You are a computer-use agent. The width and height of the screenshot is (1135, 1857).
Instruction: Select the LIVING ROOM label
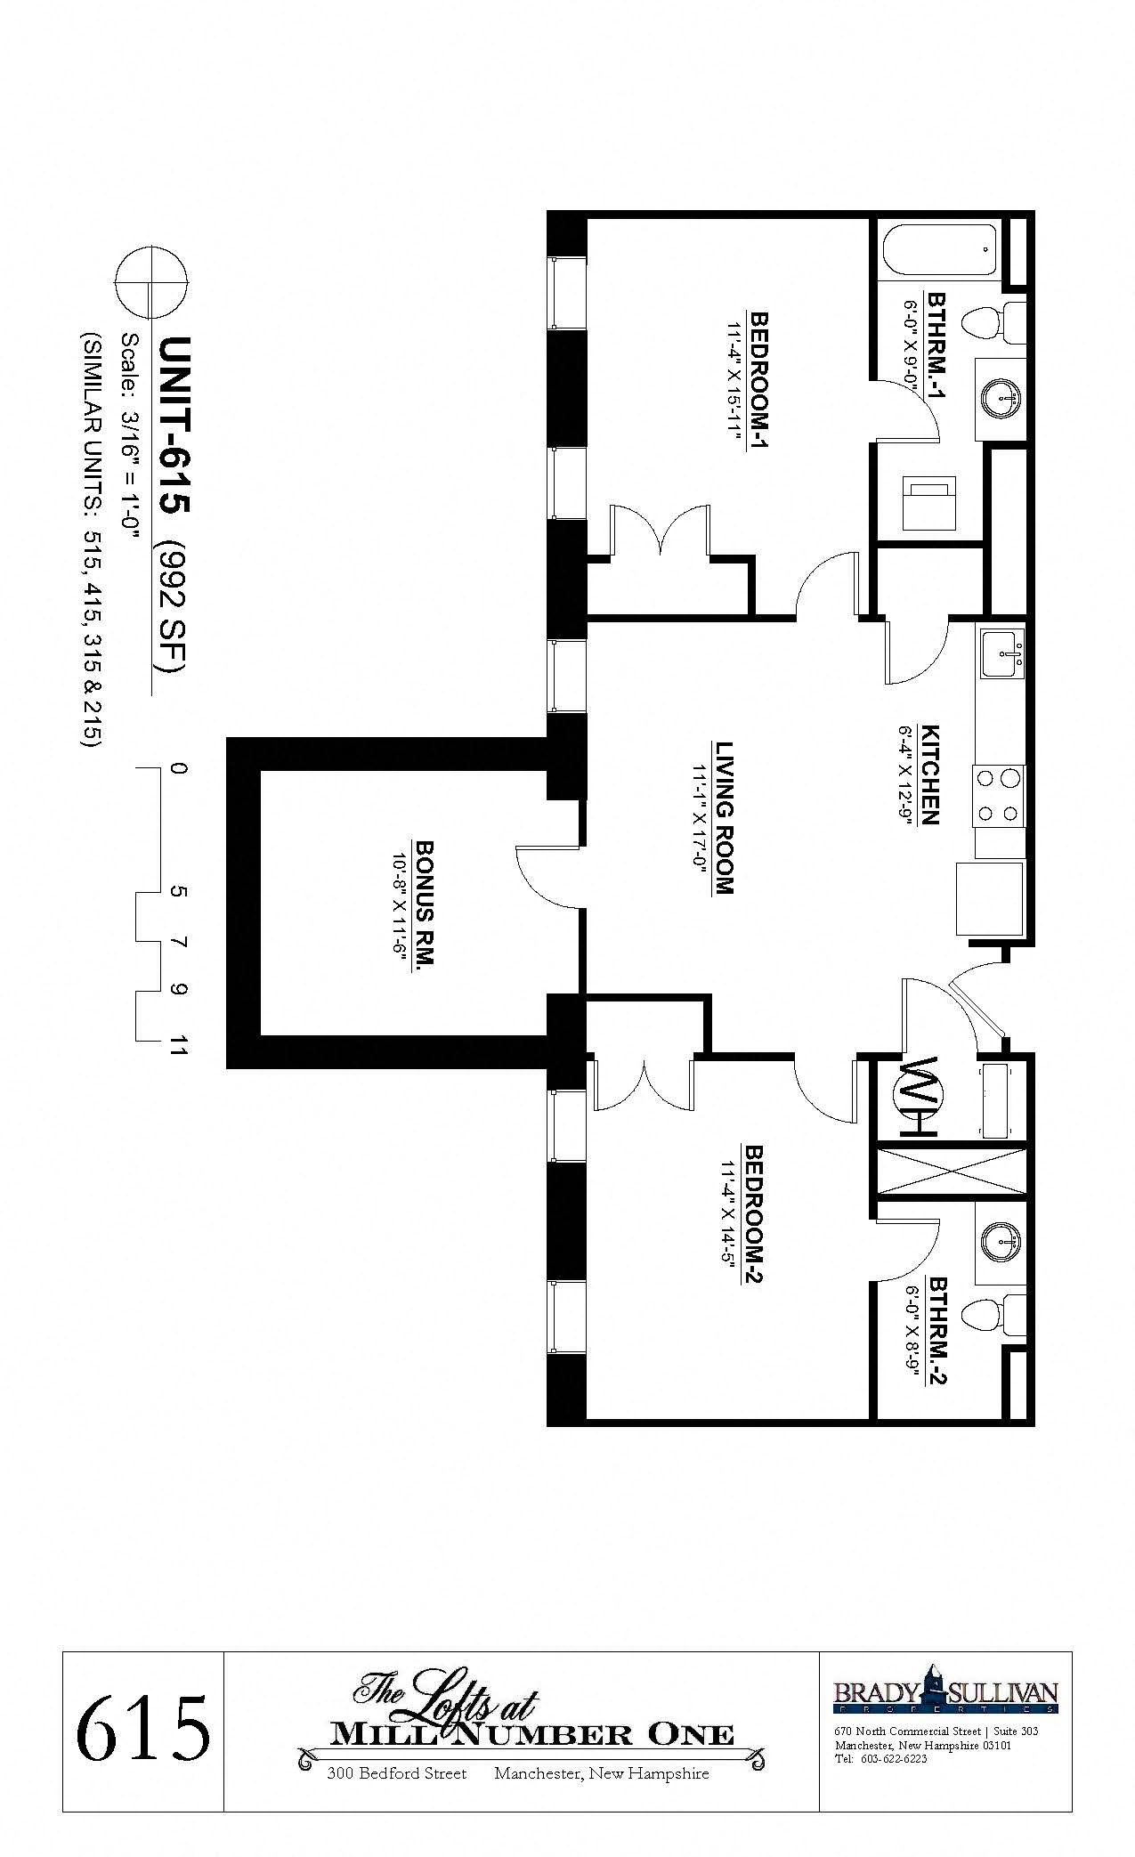[x=723, y=817]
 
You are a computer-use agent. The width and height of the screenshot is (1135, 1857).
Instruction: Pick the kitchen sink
[x=1002, y=654]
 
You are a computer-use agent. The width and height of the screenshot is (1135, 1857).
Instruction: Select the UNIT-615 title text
[x=173, y=425]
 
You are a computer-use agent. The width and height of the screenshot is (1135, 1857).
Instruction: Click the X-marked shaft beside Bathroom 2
[x=953, y=1171]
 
